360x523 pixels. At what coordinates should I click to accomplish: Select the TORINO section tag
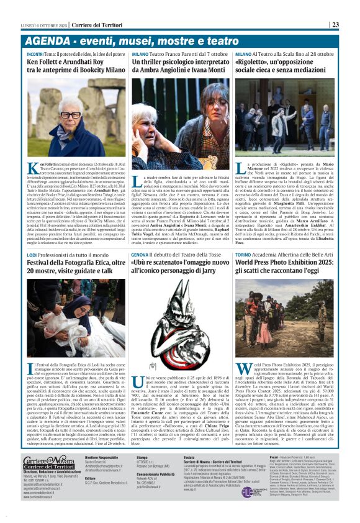(x=246, y=255)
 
